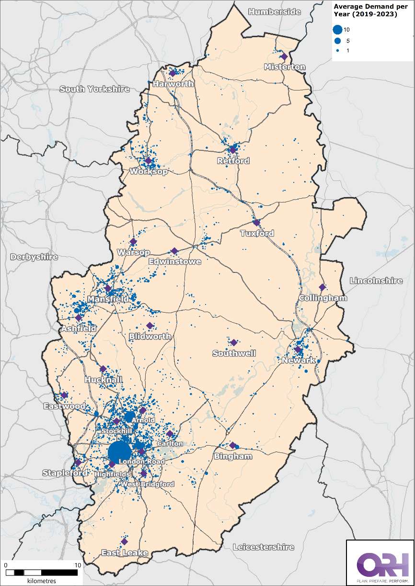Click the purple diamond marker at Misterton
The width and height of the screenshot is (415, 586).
284,56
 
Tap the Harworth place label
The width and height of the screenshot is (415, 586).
173,84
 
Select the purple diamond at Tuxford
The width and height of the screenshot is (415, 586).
256,223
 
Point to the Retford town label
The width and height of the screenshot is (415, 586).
233,161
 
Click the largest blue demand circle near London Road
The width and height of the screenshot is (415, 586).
119,452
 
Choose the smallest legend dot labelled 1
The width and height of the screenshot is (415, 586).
337,50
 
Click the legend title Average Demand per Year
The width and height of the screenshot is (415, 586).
366,10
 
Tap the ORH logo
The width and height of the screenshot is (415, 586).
380,563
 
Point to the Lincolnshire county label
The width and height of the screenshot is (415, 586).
376,281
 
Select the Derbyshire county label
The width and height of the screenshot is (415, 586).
34,257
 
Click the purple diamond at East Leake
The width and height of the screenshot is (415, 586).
124,541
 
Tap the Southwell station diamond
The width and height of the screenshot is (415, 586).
234,342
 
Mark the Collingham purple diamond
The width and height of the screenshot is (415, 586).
322,287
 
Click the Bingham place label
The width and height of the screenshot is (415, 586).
233,456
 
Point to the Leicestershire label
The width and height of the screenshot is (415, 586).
263,547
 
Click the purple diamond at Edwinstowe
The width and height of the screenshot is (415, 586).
174,251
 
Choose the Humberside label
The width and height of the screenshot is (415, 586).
275,11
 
